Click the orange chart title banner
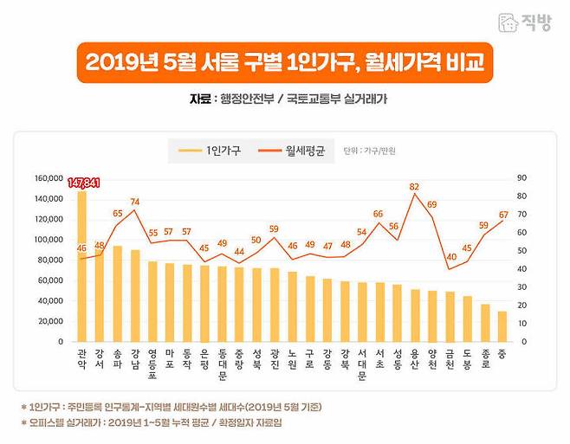[285, 63]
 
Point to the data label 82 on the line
[415, 187]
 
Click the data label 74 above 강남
[134, 202]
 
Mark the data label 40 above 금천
[450, 257]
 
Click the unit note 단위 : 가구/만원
[363, 151]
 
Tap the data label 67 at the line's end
[503, 214]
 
